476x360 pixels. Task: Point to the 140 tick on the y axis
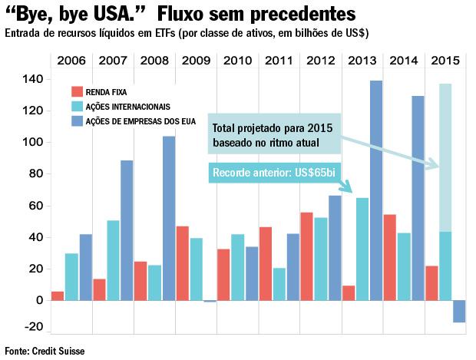(x=31, y=79)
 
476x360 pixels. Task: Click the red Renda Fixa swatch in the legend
(x=75, y=91)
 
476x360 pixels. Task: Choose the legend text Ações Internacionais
(x=127, y=106)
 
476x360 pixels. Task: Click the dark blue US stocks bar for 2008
(x=168, y=218)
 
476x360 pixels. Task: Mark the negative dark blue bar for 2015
(x=459, y=311)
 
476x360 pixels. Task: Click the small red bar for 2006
(x=58, y=296)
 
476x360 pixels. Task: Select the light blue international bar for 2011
(x=279, y=283)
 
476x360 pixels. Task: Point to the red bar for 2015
(x=431, y=282)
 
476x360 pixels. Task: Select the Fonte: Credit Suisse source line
(x=45, y=351)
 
